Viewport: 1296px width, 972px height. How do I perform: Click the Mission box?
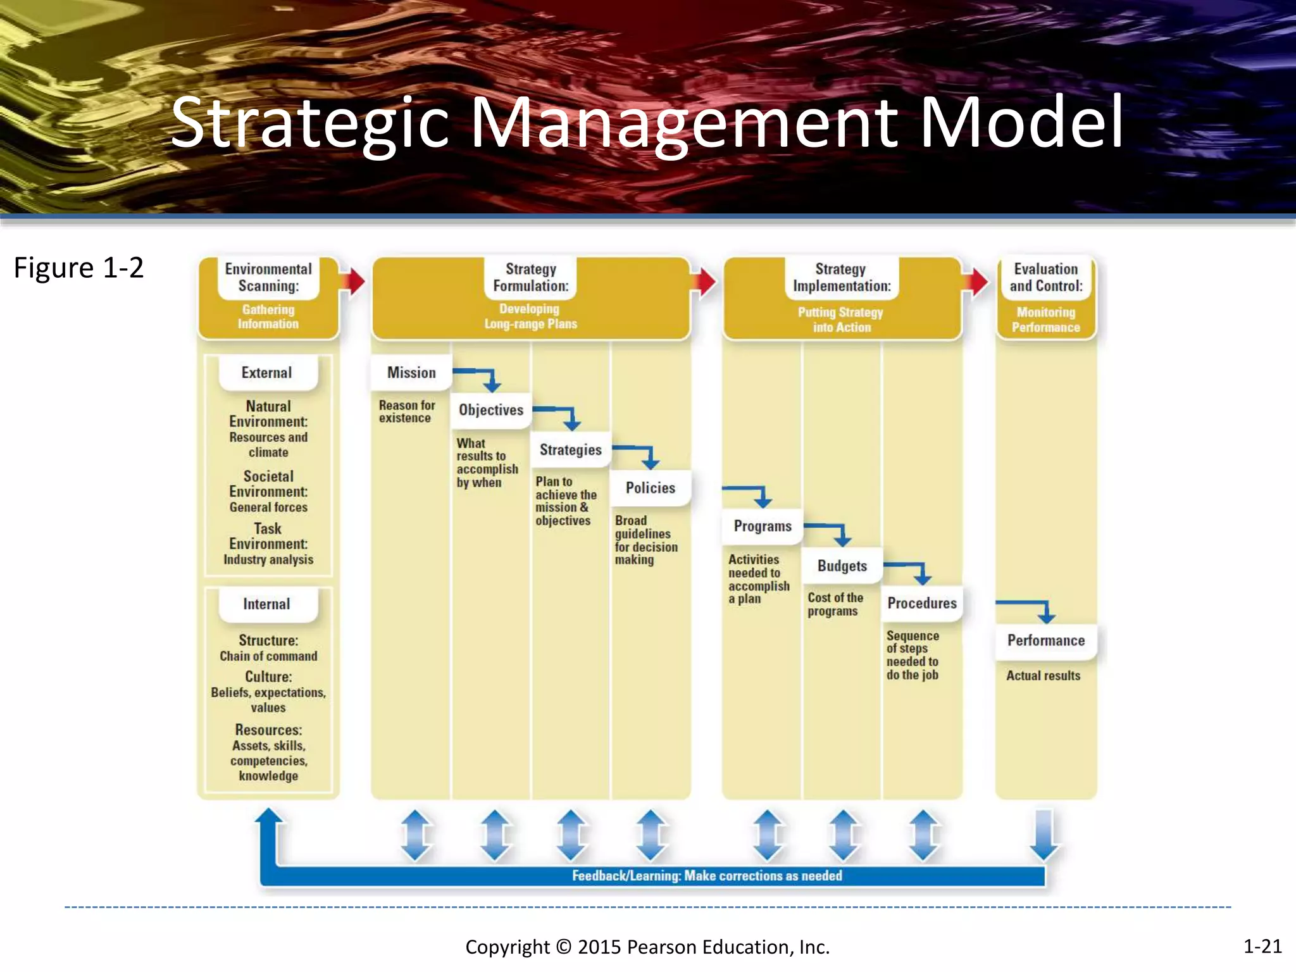point(411,373)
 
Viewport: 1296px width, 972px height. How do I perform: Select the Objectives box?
point(491,410)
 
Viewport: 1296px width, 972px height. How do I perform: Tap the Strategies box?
point(570,450)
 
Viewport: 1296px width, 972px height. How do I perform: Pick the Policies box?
point(650,488)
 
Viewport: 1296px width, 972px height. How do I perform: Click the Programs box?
point(763,526)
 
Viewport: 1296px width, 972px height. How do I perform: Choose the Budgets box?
point(842,566)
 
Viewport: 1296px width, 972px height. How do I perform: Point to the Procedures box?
point(922,603)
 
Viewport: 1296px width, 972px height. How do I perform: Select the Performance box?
point(1046,640)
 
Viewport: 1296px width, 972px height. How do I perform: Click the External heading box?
point(267,373)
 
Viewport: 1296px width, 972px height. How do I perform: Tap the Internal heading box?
point(267,604)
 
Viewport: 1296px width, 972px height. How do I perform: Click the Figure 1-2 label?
point(78,268)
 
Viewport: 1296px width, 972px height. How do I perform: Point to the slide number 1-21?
point(1262,946)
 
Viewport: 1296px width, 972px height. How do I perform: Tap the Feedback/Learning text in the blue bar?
point(707,876)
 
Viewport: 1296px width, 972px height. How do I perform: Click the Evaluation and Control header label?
point(1046,278)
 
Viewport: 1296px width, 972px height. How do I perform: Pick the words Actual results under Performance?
point(1044,676)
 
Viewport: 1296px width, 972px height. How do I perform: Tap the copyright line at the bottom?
point(647,947)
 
